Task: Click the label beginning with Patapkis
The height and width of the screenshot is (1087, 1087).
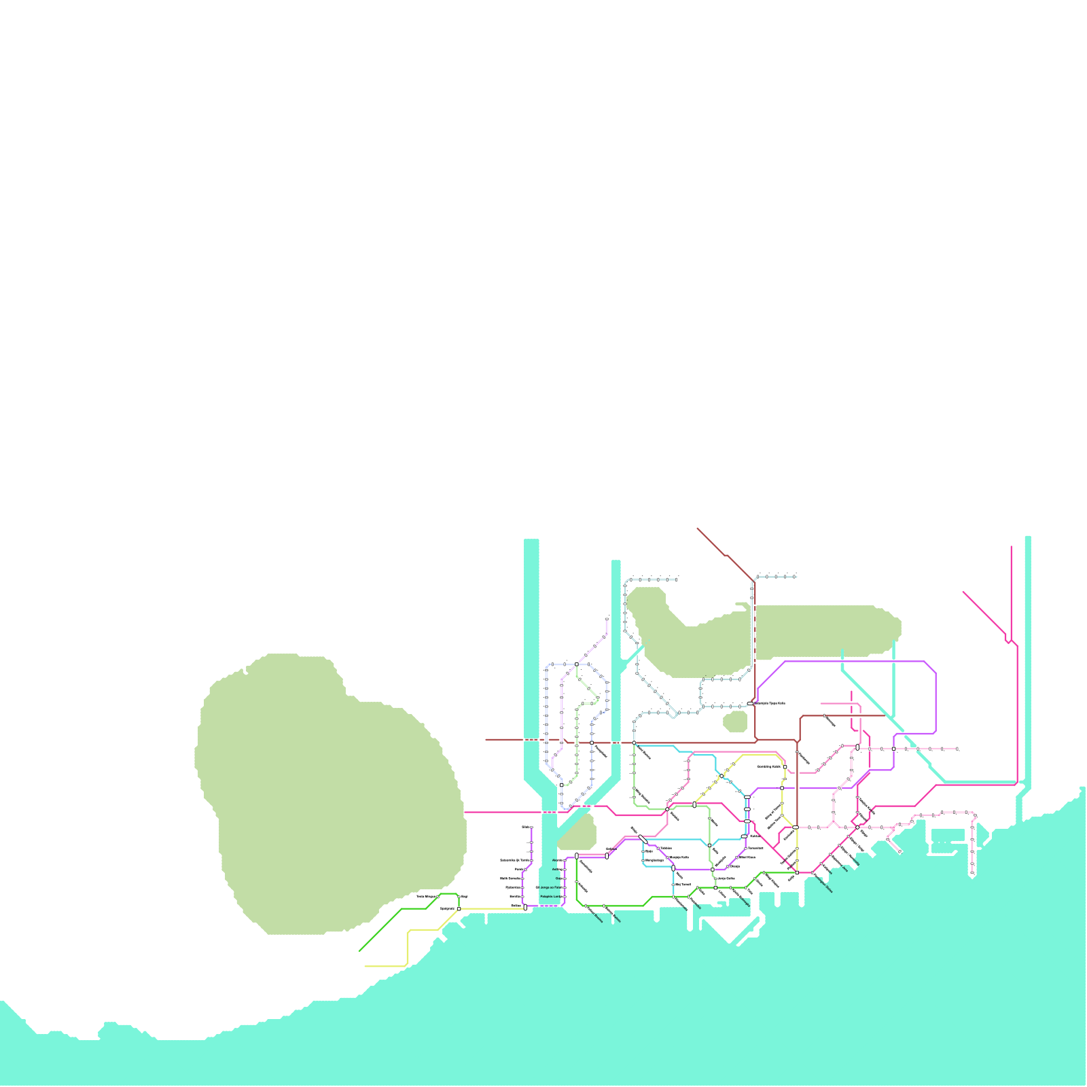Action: pos(551,897)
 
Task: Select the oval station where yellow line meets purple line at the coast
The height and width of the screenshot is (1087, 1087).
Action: pos(525,907)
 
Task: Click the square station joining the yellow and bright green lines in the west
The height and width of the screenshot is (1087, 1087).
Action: pos(459,908)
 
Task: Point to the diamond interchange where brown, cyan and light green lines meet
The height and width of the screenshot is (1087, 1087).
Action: pos(634,743)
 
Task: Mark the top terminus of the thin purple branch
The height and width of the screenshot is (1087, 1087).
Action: pos(607,619)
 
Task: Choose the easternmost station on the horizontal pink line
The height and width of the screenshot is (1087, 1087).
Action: pos(957,749)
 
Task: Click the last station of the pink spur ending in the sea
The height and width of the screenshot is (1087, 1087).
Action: pos(900,851)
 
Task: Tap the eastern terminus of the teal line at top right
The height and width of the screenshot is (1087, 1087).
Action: pos(795,576)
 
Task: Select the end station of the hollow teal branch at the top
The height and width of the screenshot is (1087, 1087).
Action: pos(676,579)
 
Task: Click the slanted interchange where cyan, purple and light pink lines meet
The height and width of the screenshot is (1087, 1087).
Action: pos(643,839)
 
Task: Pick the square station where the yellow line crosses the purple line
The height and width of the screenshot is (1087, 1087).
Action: pos(782,788)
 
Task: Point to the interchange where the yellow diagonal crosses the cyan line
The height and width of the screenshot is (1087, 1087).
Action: pos(721,775)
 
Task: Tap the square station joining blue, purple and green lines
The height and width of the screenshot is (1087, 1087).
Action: pos(577,664)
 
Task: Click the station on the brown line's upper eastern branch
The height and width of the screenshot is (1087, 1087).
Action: pos(824,715)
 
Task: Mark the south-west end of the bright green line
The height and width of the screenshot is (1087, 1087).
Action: pos(359,951)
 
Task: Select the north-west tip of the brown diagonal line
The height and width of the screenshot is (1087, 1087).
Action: pos(697,528)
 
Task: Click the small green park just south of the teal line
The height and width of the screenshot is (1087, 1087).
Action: pos(735,721)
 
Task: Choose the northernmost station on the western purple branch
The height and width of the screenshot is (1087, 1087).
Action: pos(531,827)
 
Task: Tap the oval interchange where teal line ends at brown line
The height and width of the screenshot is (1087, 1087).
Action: pos(750,703)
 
